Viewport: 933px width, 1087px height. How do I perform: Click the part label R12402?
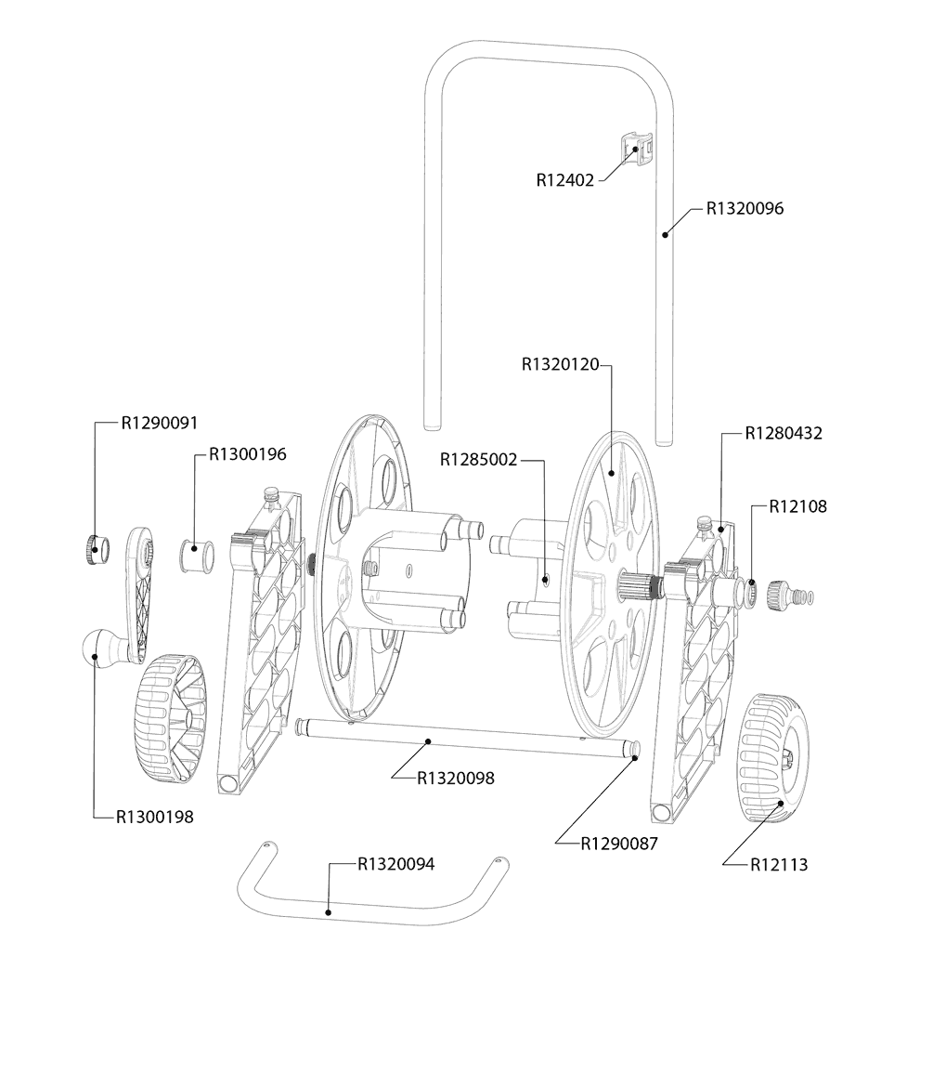coord(564,180)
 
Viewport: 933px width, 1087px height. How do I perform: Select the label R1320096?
coord(745,209)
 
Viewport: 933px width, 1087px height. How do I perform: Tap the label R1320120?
coord(561,364)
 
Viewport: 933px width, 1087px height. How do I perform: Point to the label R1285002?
coord(479,460)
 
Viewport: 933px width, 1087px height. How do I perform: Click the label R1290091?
coord(160,423)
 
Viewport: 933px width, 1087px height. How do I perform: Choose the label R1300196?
coord(247,454)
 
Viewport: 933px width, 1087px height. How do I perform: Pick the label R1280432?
coord(784,433)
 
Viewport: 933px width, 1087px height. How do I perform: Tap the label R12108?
coord(798,506)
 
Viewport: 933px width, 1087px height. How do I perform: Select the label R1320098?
coord(456,779)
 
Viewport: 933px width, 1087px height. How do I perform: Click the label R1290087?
coord(619,844)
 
